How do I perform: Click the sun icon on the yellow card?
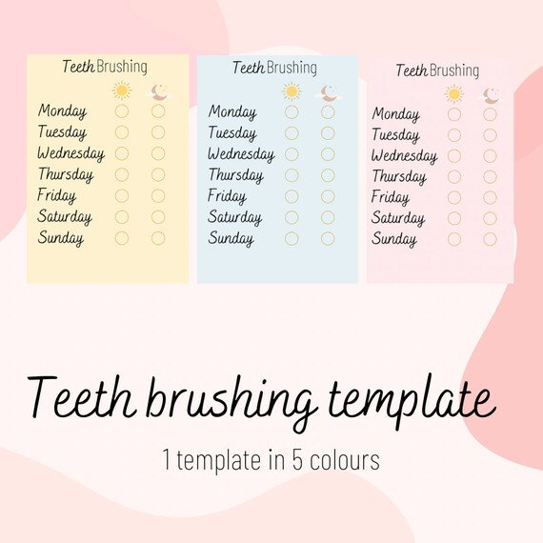[x=122, y=90]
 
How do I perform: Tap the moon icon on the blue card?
[x=329, y=92]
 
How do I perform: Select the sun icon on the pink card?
[x=454, y=93]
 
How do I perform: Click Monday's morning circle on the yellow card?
[x=122, y=111]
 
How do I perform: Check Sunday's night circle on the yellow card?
[x=158, y=238]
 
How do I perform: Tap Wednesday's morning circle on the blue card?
[x=292, y=154]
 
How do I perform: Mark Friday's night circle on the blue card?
[x=328, y=196]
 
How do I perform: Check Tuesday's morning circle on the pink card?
[x=454, y=135]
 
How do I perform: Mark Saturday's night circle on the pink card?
[x=490, y=219]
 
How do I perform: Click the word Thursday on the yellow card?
[x=66, y=174]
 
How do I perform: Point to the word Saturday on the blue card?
[x=235, y=217]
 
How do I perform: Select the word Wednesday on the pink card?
[x=404, y=156]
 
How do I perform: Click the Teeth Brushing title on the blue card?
[x=275, y=68]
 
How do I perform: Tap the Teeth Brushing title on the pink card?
[x=437, y=70]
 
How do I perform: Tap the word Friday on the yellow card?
[x=57, y=195]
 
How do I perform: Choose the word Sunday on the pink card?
[x=393, y=240]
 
